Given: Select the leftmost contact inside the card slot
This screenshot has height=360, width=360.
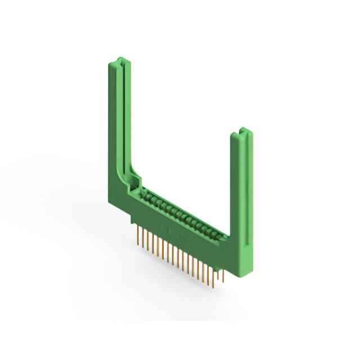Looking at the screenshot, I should click(145, 193).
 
